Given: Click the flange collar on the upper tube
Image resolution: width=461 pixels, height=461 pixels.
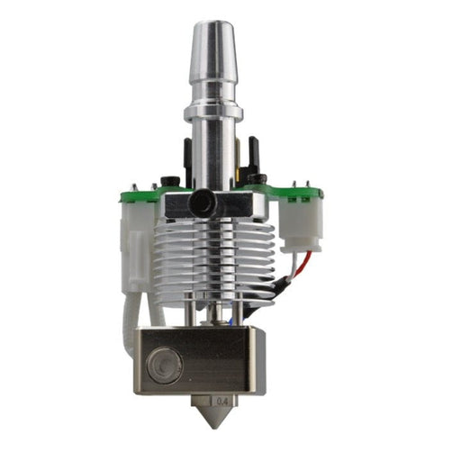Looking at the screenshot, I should (x=214, y=113).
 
